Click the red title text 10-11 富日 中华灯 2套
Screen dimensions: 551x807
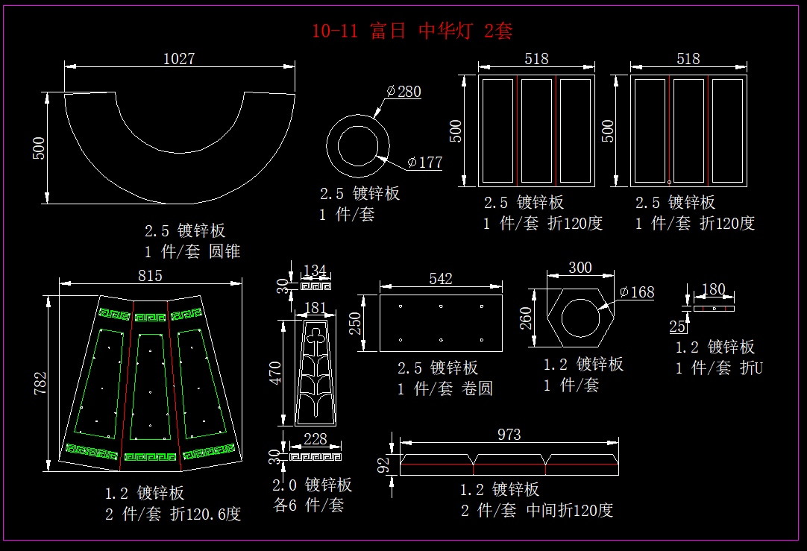[x=412, y=31]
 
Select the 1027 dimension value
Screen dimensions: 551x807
[x=179, y=58]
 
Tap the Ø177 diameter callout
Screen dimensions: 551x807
[x=425, y=163]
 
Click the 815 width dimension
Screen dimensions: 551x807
[x=150, y=275]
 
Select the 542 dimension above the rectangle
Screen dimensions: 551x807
[x=441, y=279]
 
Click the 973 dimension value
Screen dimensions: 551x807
[x=509, y=434]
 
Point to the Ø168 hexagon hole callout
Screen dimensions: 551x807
[x=637, y=292]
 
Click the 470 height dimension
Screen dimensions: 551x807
[x=275, y=374]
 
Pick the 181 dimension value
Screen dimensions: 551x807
[x=315, y=307]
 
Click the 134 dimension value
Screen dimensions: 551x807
[x=315, y=270]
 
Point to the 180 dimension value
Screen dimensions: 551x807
[x=714, y=289]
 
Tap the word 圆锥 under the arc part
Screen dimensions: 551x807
[x=224, y=251]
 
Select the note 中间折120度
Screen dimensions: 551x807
[x=570, y=511]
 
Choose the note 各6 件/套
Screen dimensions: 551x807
[x=309, y=505]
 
